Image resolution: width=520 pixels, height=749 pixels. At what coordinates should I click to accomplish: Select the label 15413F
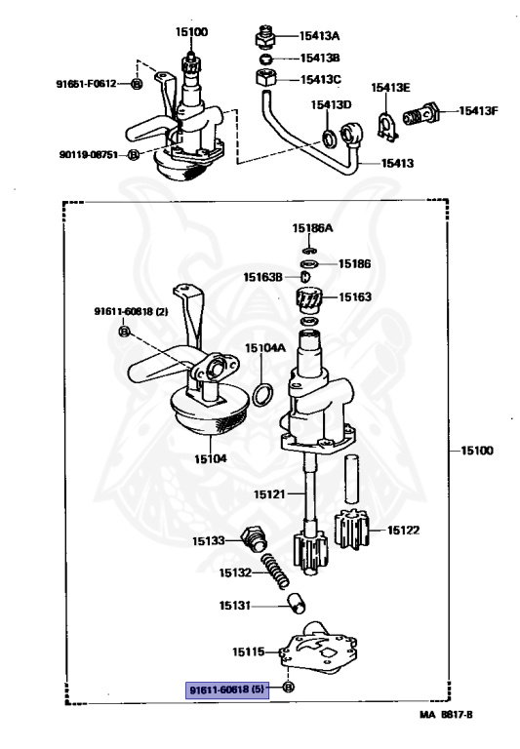(x=480, y=111)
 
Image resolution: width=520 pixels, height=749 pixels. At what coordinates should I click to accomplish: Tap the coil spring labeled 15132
(x=276, y=572)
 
